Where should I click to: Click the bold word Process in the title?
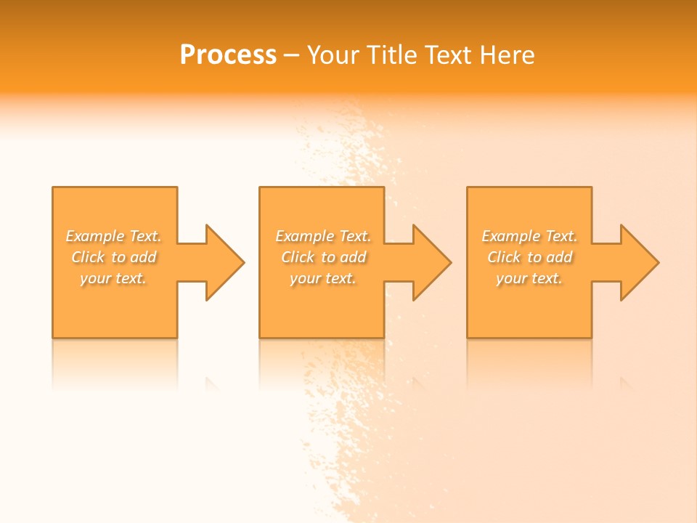[x=228, y=55]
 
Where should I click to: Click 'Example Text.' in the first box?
[x=114, y=236]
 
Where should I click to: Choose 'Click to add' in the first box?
[x=114, y=257]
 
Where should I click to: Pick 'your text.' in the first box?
[x=114, y=278]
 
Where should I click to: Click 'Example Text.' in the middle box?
[x=323, y=236]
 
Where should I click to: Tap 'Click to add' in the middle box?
[x=323, y=257]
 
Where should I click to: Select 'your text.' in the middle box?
[x=323, y=278]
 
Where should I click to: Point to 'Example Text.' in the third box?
[x=529, y=236]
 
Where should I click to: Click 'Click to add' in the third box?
[x=529, y=257]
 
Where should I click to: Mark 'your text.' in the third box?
[x=529, y=278]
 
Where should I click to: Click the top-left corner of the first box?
[x=53, y=187]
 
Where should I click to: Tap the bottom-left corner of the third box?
[x=468, y=337]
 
